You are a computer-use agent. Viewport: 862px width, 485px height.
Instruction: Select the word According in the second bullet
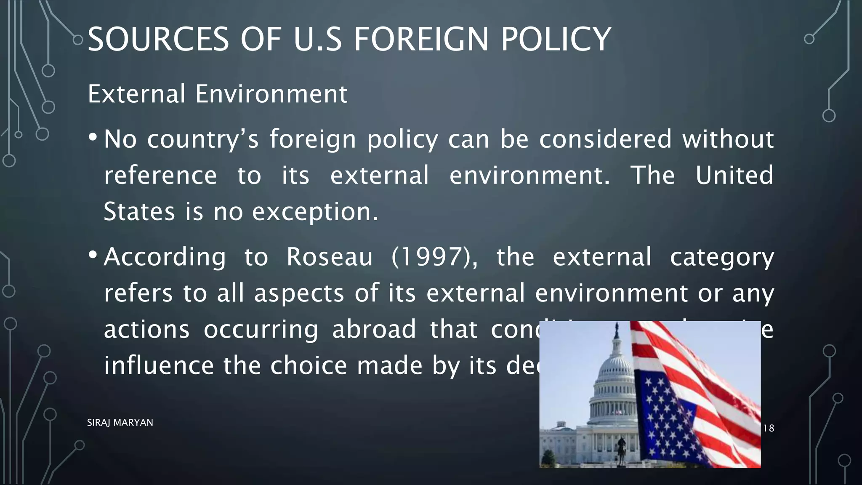tap(165, 257)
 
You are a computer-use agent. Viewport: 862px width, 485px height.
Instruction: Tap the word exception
tap(315, 212)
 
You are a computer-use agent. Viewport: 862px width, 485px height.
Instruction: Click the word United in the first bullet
tap(734, 175)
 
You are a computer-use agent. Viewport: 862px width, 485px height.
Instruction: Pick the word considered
tap(605, 139)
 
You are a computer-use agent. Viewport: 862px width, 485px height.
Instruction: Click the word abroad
tap(374, 329)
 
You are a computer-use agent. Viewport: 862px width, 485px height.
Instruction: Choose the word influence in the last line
tap(159, 365)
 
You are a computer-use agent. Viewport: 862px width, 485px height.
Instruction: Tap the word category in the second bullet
tap(721, 257)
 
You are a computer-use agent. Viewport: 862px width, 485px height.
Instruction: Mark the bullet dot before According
tap(93, 255)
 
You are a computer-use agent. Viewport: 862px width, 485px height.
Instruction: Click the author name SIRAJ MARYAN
tap(120, 422)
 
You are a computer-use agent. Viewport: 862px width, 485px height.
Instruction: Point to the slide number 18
tap(769, 428)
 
